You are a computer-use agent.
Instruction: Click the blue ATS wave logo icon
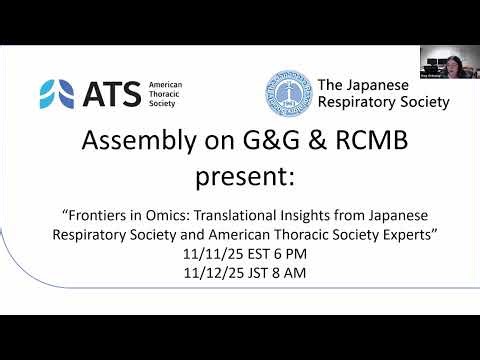pyautogui.click(x=55, y=93)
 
